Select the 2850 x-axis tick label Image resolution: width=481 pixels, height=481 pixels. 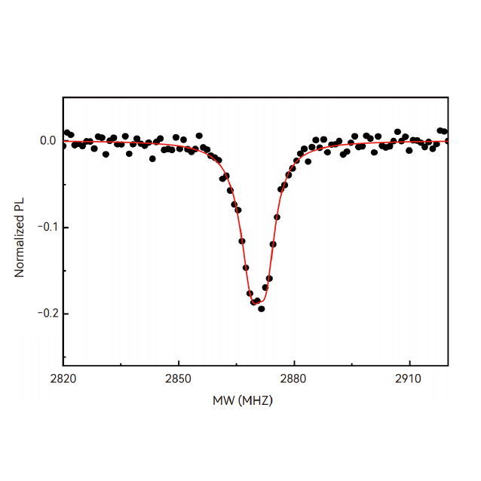pos(178,378)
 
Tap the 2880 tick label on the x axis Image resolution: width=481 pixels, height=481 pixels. pos(293,378)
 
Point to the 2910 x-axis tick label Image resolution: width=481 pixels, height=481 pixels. pos(409,378)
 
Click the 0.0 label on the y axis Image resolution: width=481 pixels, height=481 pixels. pos(47,141)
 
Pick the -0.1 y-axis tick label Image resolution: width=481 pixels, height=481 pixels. pos(46,227)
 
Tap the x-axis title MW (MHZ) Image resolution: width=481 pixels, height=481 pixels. pos(243,401)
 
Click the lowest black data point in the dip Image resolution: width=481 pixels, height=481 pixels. pos(262,308)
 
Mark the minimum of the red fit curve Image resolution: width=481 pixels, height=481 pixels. pos(256,303)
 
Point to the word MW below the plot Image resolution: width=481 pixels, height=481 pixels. pos(223,401)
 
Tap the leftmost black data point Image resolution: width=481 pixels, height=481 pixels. pos(63,146)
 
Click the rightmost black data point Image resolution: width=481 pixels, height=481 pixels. pos(447,141)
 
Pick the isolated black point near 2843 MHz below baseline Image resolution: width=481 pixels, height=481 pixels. pos(152,158)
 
